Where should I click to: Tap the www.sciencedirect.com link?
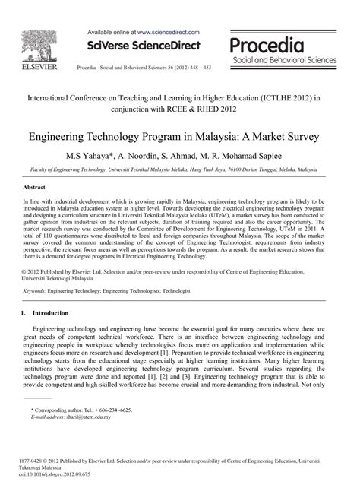(169, 33)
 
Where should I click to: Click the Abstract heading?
(35, 186)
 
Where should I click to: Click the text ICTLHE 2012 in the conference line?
(283, 98)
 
